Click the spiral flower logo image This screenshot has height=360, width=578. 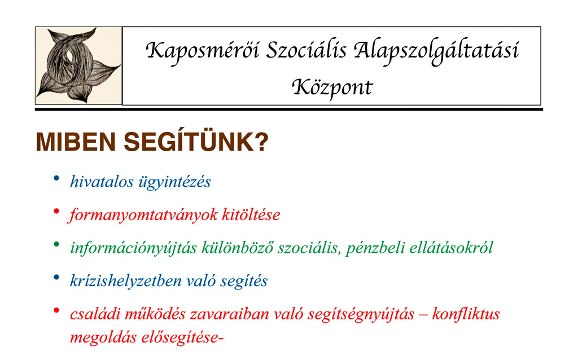78,65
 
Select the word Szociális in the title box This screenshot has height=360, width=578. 306,50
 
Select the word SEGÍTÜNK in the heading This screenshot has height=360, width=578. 189,142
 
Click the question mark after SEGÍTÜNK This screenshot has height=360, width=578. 261,142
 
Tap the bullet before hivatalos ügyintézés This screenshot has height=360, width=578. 56,178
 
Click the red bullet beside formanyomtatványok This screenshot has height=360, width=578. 56,211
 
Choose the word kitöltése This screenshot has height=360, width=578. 251,214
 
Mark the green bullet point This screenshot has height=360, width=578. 56,244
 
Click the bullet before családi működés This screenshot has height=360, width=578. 56,310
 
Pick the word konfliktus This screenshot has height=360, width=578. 466,314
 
